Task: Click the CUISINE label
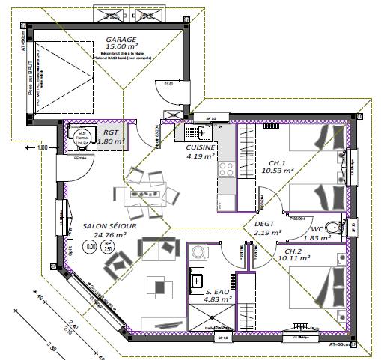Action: (201, 148)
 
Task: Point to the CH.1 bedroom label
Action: (277, 162)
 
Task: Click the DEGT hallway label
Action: (264, 223)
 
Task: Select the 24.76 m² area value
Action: (106, 234)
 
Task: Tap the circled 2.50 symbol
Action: (108, 246)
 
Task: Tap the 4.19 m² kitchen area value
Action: (201, 157)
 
